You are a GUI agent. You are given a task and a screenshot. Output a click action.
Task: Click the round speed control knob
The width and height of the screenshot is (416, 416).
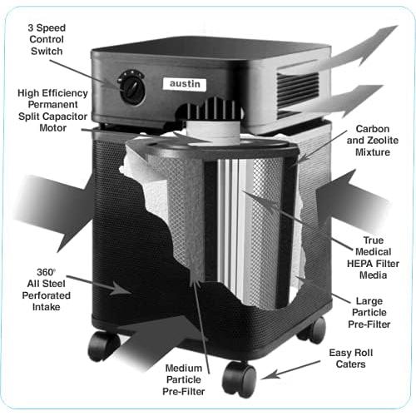132,87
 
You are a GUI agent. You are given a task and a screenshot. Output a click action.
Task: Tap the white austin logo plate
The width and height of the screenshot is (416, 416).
185,83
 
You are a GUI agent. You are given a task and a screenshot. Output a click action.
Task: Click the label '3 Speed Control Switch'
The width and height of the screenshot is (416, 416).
47,39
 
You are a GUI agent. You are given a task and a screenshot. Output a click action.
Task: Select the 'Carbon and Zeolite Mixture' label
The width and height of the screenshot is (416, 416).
373,141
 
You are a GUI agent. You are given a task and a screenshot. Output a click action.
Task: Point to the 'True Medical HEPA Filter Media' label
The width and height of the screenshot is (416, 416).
373,258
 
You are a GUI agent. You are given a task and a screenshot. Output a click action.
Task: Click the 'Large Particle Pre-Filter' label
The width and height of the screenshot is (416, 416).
369,313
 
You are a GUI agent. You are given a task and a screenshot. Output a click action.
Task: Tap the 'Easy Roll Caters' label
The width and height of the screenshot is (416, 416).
351,359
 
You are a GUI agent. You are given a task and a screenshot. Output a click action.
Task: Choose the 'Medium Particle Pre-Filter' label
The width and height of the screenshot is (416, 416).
184,379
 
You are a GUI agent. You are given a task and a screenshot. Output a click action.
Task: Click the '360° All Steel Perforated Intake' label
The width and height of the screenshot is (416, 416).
46,290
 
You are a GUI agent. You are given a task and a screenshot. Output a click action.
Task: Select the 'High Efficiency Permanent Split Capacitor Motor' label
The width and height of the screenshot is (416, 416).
52,111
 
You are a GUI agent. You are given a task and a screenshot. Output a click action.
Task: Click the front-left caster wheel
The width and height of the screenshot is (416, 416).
103,346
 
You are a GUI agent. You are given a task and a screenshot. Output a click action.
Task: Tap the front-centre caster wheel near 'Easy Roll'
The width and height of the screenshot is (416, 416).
239,379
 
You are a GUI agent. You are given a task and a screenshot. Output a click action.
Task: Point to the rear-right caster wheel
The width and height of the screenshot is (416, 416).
313,329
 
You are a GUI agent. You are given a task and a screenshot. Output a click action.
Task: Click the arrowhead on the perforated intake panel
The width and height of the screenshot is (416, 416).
121,288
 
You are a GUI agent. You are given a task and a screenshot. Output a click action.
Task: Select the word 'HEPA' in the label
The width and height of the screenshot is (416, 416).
359,264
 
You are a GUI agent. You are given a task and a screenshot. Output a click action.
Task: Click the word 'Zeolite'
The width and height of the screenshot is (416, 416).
382,141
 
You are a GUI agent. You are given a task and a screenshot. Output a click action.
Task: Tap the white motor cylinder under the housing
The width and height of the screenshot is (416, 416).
214,131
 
